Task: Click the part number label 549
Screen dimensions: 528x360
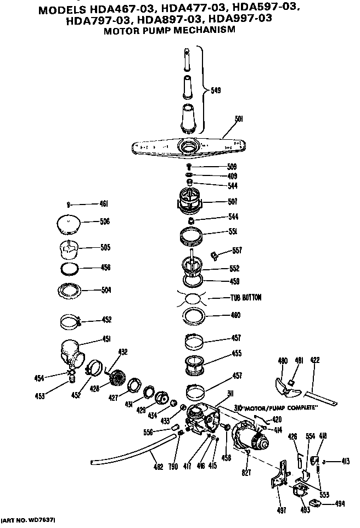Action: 216,91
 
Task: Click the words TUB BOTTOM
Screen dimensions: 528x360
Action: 245,298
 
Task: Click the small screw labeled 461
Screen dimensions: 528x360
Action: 67,205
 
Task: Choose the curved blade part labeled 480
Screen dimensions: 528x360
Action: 286,383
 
